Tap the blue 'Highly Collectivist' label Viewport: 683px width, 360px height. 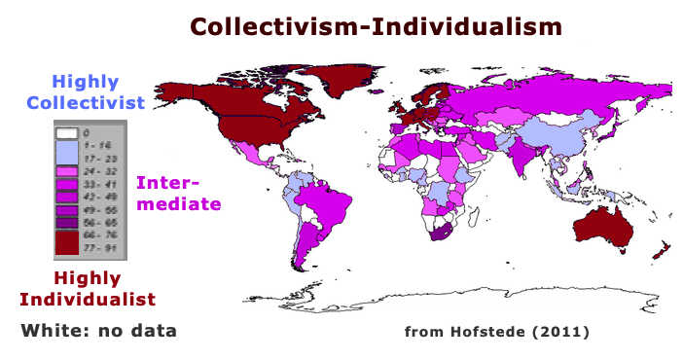coord(86,91)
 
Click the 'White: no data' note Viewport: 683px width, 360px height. coord(98,331)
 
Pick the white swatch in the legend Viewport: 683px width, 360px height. coord(66,132)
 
